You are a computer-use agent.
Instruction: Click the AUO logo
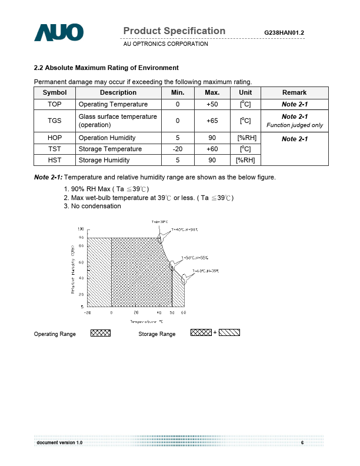[x=59, y=33]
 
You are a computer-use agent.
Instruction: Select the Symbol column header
[x=55, y=92]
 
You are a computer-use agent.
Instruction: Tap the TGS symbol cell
[x=55, y=121]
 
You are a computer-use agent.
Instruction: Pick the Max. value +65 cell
[x=212, y=121]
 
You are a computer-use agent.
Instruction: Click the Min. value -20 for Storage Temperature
[x=178, y=149]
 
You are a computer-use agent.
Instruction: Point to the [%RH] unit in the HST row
[x=245, y=160]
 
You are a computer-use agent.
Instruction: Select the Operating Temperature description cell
[x=113, y=104]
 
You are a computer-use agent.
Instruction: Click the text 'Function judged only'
[x=294, y=125]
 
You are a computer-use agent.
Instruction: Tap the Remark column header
[x=294, y=92]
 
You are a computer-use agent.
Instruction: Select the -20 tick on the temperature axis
[x=87, y=312]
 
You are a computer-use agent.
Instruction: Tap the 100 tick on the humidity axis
[x=81, y=229]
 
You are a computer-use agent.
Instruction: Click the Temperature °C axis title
[x=146, y=321]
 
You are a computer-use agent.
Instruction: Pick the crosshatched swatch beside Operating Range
[x=101, y=333]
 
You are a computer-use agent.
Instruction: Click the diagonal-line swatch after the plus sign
[x=229, y=333]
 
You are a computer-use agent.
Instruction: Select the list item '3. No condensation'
[x=92, y=206]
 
